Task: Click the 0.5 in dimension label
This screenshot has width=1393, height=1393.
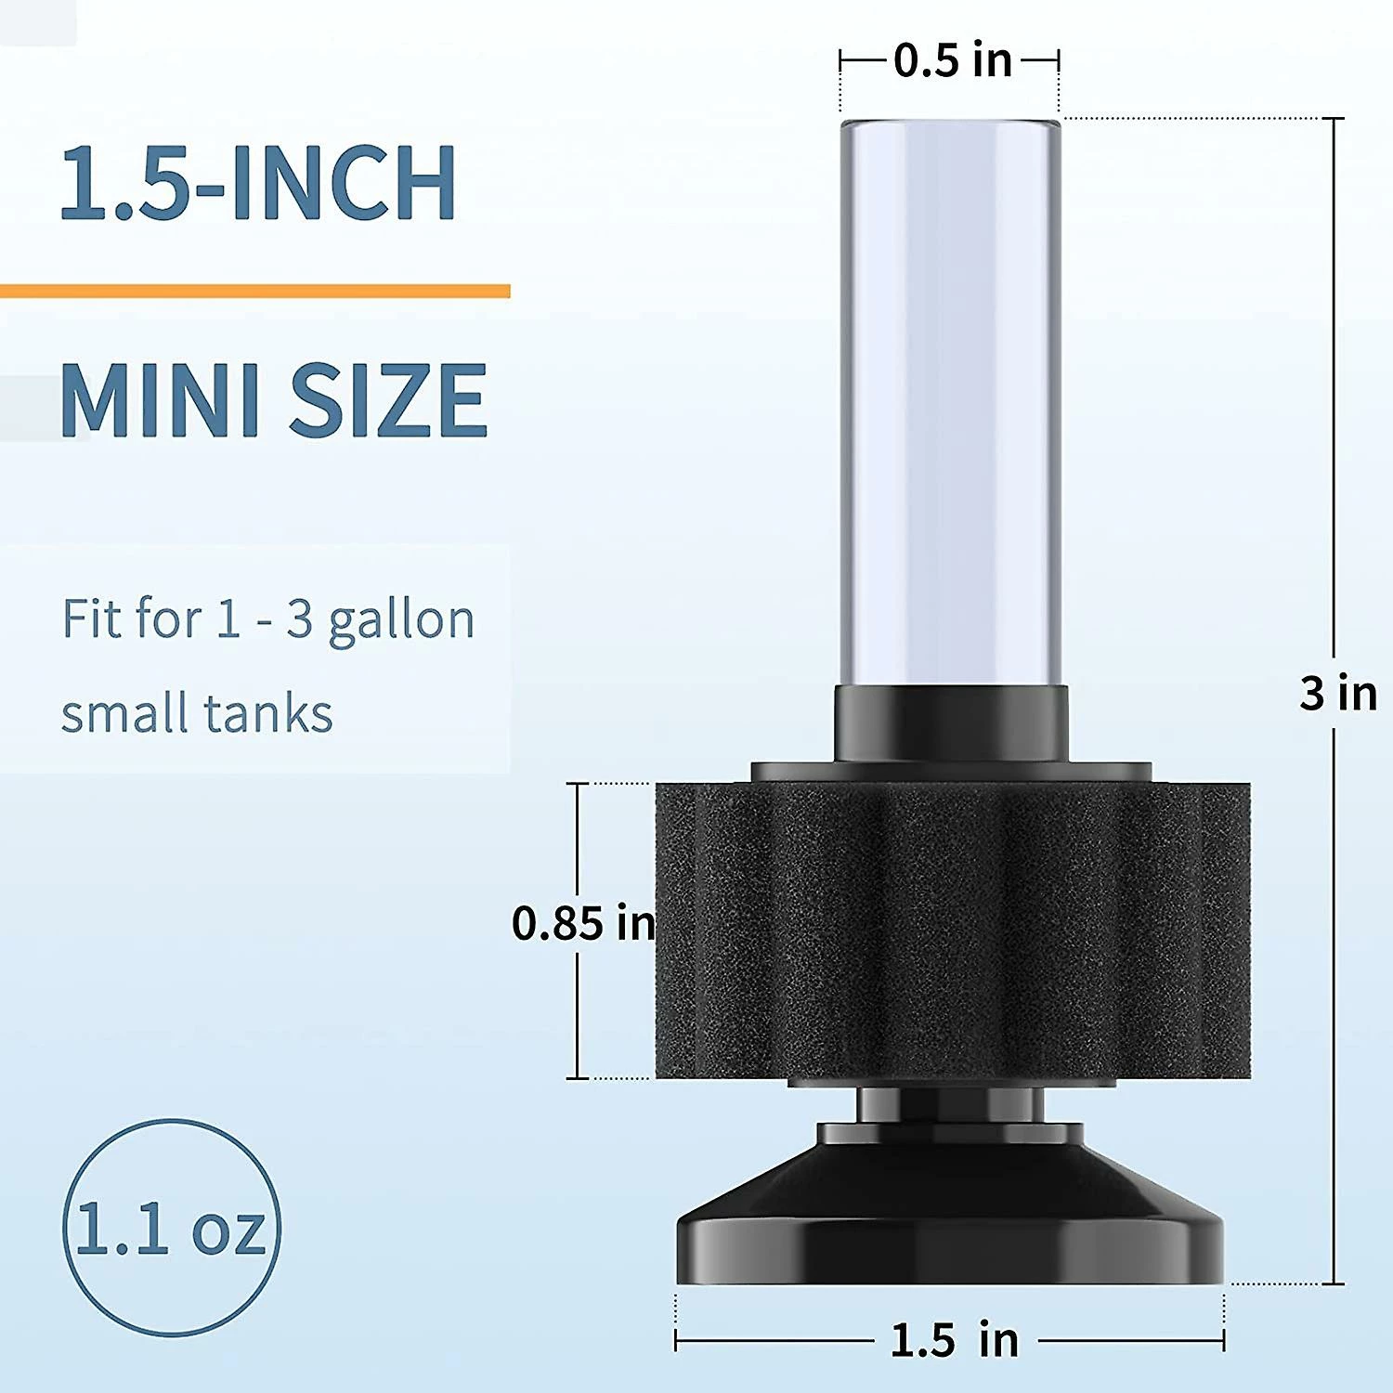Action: pyautogui.click(x=952, y=61)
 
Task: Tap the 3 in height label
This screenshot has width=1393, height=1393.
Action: pyautogui.click(x=1338, y=693)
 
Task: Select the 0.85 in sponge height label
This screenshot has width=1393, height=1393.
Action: pyautogui.click(x=583, y=923)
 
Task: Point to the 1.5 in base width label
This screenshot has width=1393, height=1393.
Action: pyautogui.click(x=954, y=1340)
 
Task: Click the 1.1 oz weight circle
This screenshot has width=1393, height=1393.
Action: pyautogui.click(x=172, y=1228)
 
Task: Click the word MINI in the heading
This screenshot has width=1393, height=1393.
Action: pyautogui.click(x=158, y=400)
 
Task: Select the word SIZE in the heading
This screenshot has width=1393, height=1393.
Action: pyautogui.click(x=388, y=400)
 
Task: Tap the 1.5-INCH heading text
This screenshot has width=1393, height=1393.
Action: pyautogui.click(x=257, y=183)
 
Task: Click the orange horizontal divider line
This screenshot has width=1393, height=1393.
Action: pyautogui.click(x=255, y=292)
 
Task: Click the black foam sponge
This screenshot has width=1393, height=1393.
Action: pyautogui.click(x=952, y=929)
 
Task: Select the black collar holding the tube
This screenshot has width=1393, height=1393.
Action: pyautogui.click(x=951, y=723)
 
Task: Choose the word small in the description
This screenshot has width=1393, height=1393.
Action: pyautogui.click(x=124, y=714)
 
